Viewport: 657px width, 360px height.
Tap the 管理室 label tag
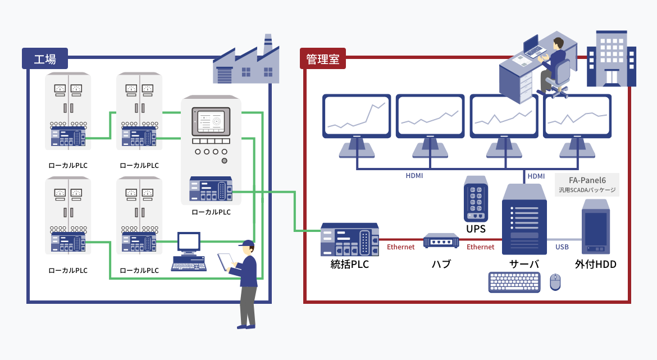323,58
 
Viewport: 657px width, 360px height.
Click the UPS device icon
475,200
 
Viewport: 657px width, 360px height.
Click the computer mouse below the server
555,282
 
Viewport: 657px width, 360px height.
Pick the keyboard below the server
514,282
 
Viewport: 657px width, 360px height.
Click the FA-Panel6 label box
586,184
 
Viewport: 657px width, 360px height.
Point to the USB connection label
562,247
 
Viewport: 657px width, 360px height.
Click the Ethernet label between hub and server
481,247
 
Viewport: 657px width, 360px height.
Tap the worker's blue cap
247,243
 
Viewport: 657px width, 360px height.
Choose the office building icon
612,58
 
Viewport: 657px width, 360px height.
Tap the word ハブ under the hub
441,263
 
